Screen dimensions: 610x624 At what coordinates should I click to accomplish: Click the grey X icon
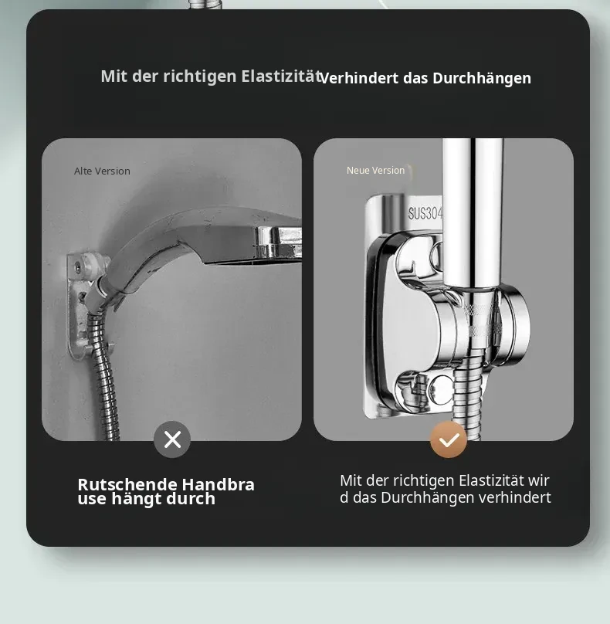[172, 439]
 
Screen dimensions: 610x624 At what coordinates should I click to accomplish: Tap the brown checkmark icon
[449, 439]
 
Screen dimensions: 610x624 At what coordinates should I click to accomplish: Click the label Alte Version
[102, 171]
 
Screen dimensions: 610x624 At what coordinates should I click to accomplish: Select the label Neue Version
[375, 171]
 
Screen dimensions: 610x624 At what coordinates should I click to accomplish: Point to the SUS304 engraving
[425, 214]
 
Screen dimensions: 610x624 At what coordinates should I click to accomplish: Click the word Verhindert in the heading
[359, 78]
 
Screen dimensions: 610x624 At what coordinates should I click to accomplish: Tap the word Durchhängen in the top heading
[482, 79]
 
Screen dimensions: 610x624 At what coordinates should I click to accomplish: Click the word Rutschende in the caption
[127, 485]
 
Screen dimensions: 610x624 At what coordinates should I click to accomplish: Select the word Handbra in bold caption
[219, 485]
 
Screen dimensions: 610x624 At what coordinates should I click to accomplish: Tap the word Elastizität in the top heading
[281, 76]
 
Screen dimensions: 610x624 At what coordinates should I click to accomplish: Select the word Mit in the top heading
[114, 76]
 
